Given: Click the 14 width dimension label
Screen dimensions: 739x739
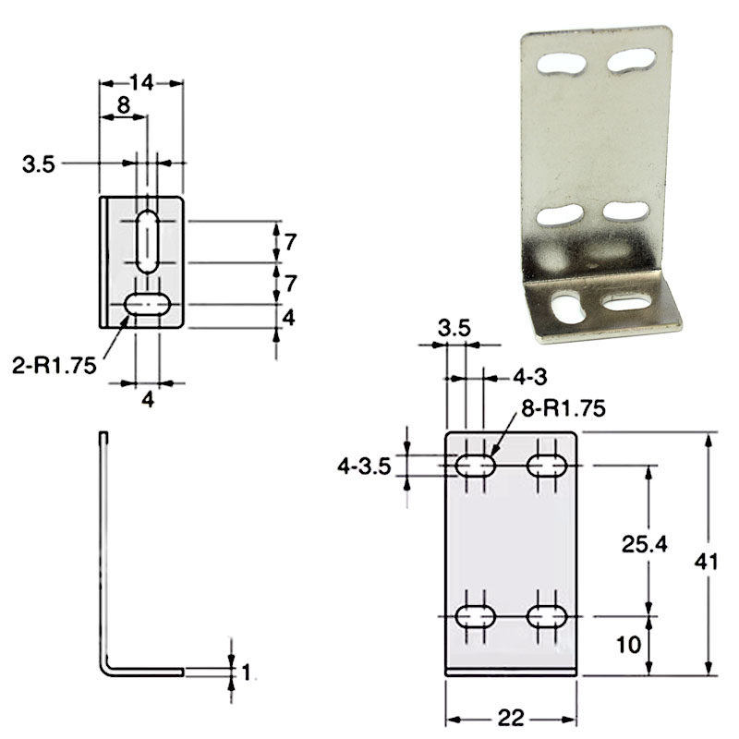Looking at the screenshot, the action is pos(141,83).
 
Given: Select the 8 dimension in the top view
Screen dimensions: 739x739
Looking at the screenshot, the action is pos(123,105).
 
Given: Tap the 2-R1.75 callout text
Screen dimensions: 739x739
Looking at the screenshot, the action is pos(55,366).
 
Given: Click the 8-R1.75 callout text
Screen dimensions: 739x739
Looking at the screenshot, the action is pos(563,408).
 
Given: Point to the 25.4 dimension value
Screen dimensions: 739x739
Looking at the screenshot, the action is pos(644,544).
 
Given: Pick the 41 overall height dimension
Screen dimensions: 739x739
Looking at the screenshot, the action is pos(706,562).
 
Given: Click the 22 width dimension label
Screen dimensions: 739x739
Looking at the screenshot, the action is pos(511,719).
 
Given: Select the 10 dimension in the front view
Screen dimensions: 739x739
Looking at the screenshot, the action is pos(629,644).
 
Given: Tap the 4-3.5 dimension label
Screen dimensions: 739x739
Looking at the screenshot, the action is pos(364,466).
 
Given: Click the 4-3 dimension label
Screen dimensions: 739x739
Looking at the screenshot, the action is pos(529,377).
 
